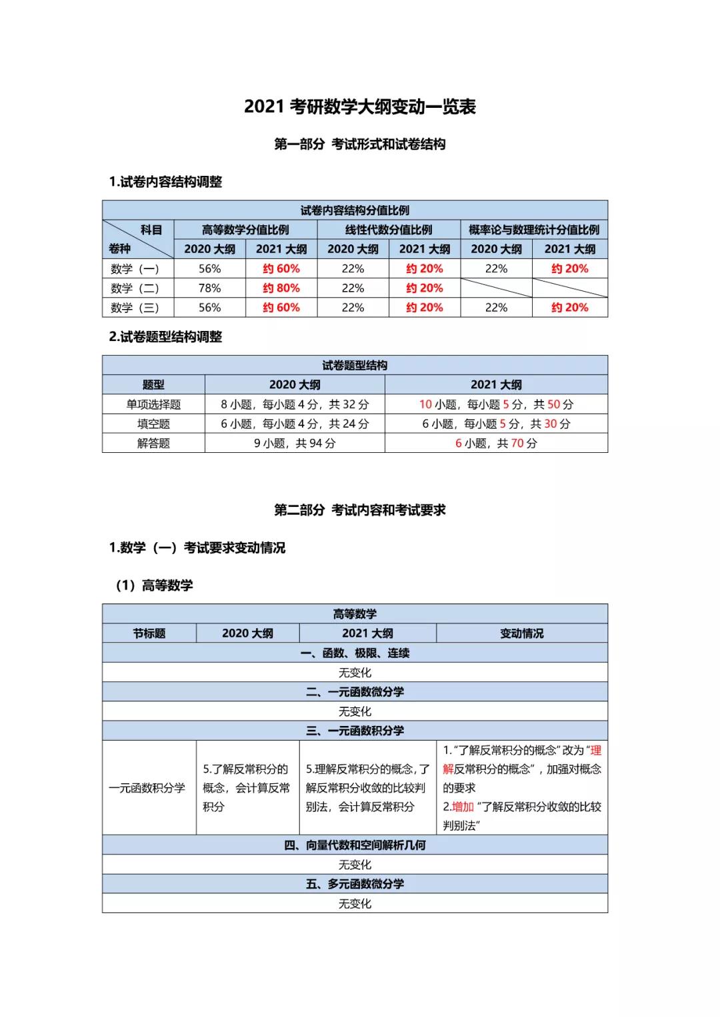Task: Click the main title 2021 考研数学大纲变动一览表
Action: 360,107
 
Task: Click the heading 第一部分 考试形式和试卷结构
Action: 360,145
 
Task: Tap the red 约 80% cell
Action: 281,288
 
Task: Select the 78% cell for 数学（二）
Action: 209,288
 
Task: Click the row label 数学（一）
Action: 135,268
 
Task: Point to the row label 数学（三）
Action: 135,307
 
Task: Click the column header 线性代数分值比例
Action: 389,230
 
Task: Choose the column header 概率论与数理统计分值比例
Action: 534,230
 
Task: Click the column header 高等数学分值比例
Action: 245,230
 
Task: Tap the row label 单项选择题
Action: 153,404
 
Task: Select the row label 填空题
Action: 153,424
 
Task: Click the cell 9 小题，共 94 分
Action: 295,443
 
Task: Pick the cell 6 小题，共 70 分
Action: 496,443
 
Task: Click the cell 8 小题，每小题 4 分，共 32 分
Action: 295,404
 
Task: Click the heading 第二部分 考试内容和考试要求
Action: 360,510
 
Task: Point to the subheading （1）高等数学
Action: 154,585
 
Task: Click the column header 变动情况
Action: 522,633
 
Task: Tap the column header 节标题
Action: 149,633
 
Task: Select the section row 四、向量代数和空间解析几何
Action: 355,845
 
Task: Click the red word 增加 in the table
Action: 463,807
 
